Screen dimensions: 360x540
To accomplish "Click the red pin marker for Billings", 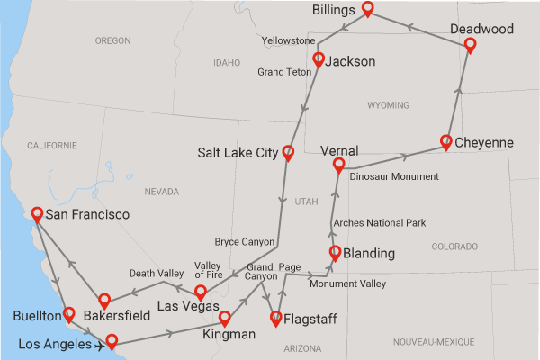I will (368, 10).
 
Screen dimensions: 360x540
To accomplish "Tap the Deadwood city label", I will (482, 30).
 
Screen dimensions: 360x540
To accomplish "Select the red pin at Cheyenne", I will (446, 141).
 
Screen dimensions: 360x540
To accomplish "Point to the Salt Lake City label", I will (238, 153).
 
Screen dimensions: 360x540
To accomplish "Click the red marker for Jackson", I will (318, 60).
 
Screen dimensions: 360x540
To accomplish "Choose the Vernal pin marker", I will (339, 165).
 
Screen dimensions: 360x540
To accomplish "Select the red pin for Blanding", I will (335, 253).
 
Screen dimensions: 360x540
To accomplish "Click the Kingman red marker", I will (225, 319).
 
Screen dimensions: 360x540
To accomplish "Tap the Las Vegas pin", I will (201, 292).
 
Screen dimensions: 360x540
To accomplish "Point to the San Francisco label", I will (87, 215).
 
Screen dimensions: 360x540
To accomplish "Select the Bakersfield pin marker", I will (104, 301).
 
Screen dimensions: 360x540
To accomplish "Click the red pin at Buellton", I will (68, 314).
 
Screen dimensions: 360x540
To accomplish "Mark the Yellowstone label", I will (288, 41).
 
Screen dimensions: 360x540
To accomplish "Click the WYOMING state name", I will (389, 105).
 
